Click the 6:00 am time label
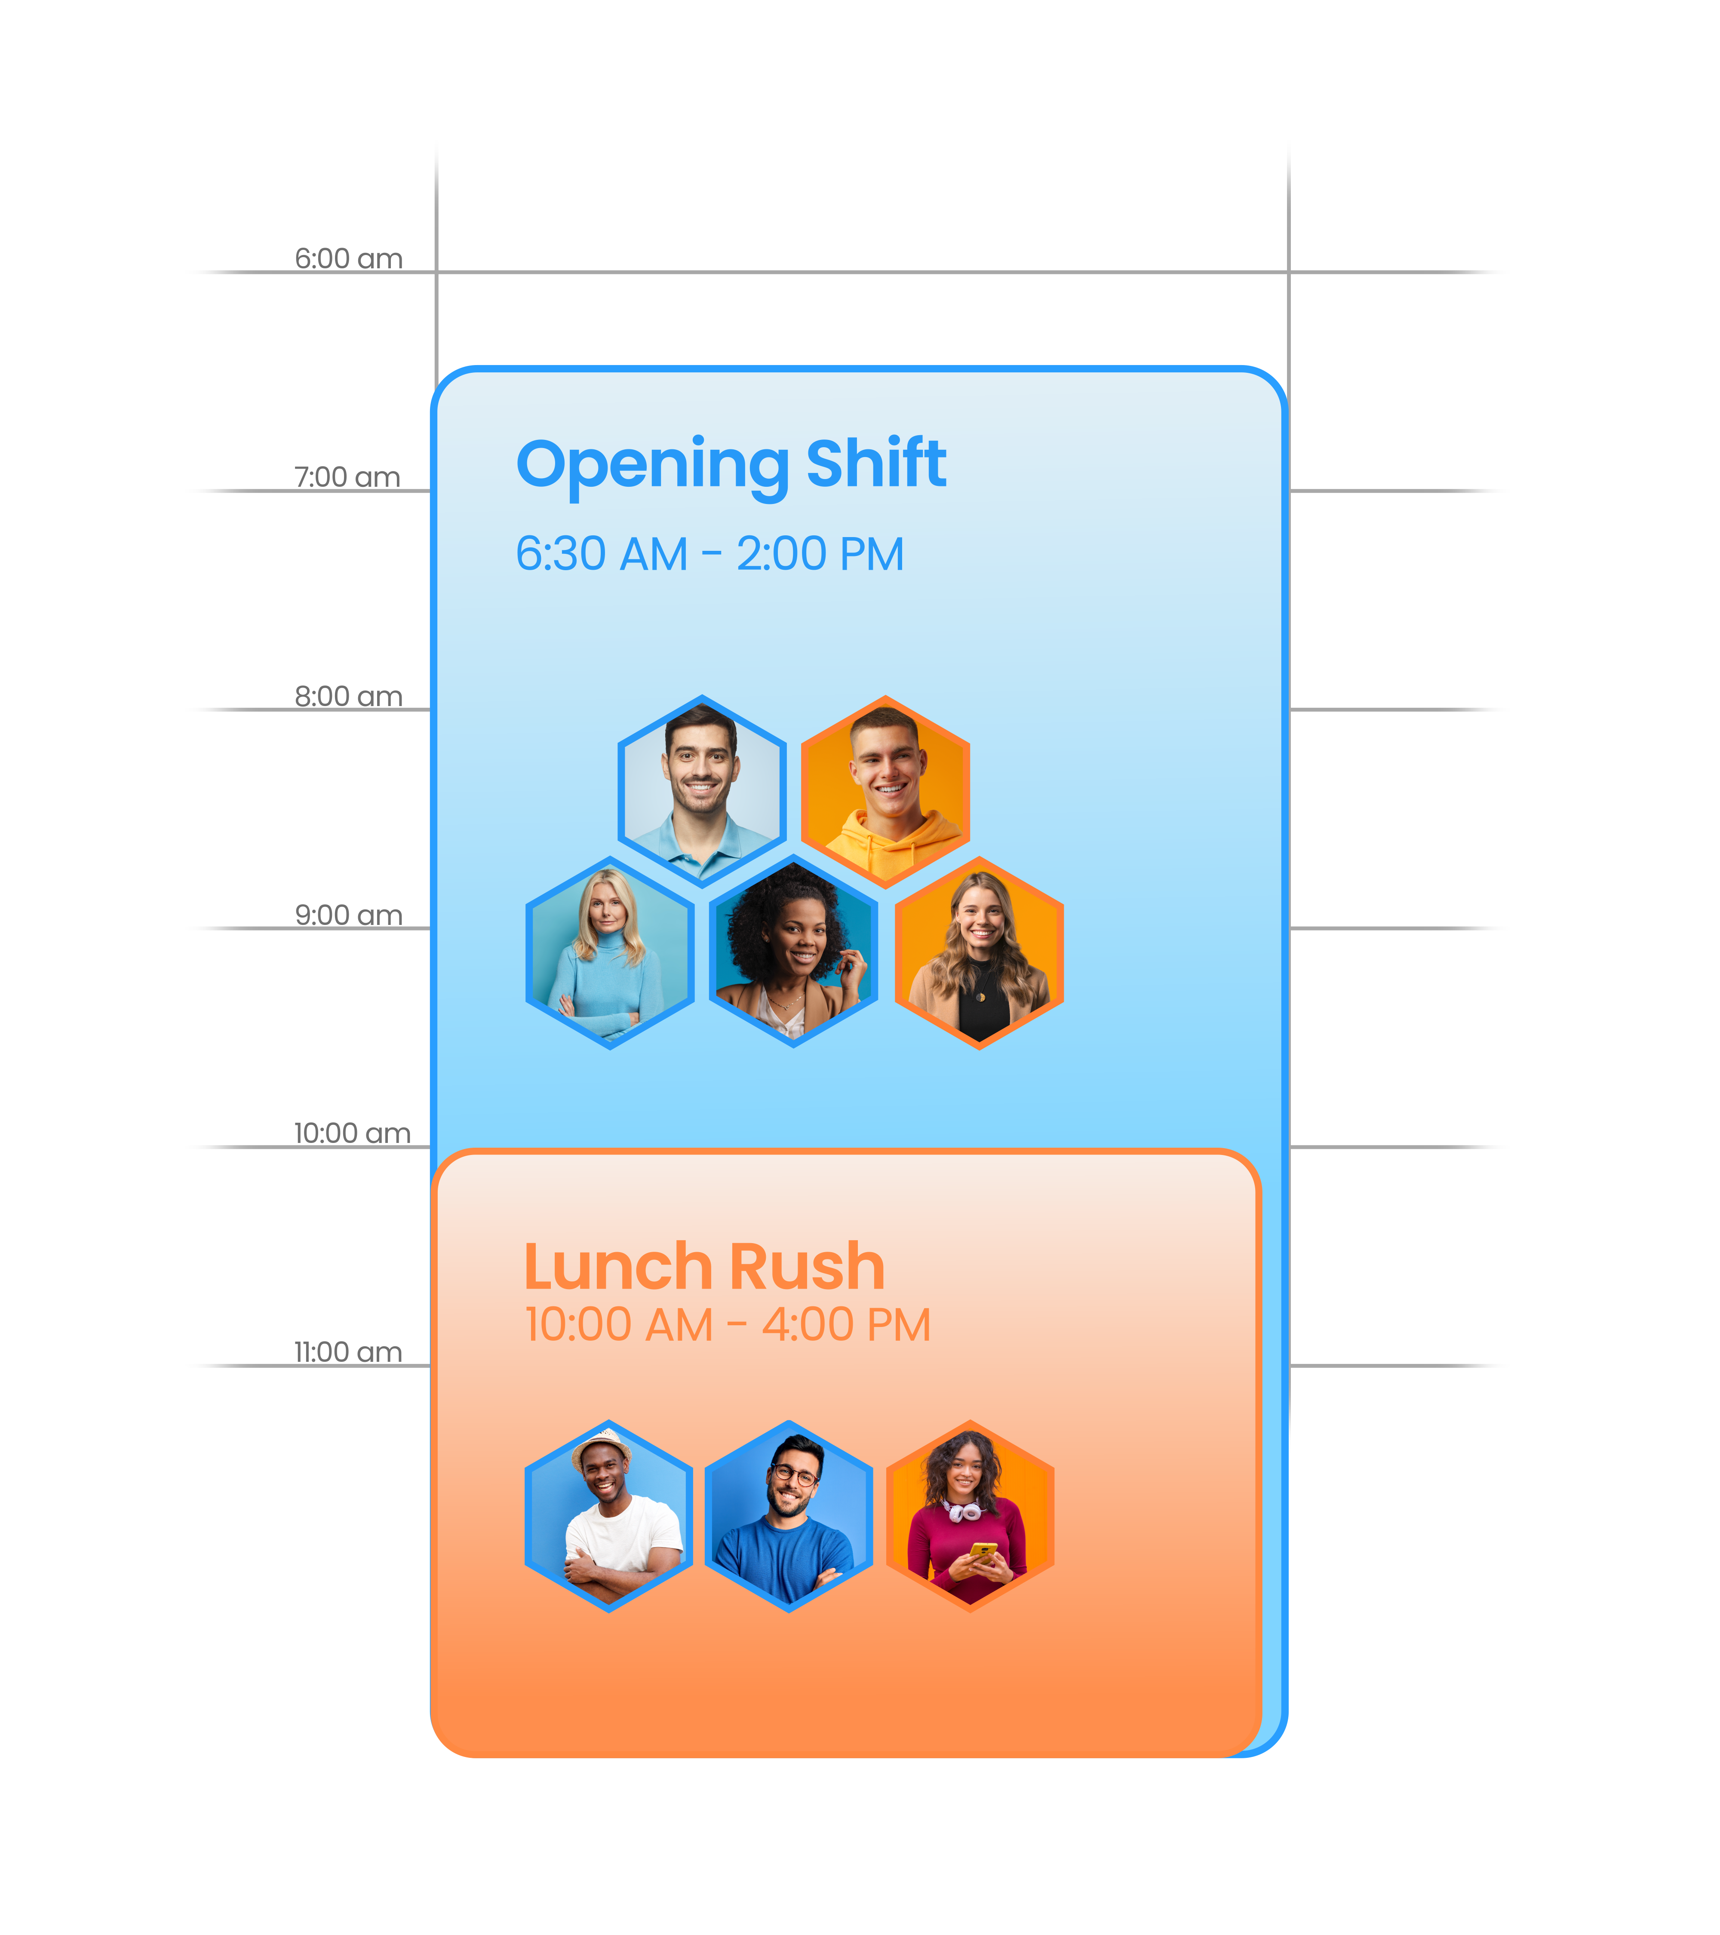pyautogui.click(x=348, y=258)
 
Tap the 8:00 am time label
pyautogui.click(x=348, y=697)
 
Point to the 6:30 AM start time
pyautogui.click(x=601, y=555)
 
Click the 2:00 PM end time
pyautogui.click(x=820, y=555)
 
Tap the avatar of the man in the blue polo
pyautogui.click(x=701, y=790)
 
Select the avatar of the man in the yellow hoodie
pyautogui.click(x=885, y=790)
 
